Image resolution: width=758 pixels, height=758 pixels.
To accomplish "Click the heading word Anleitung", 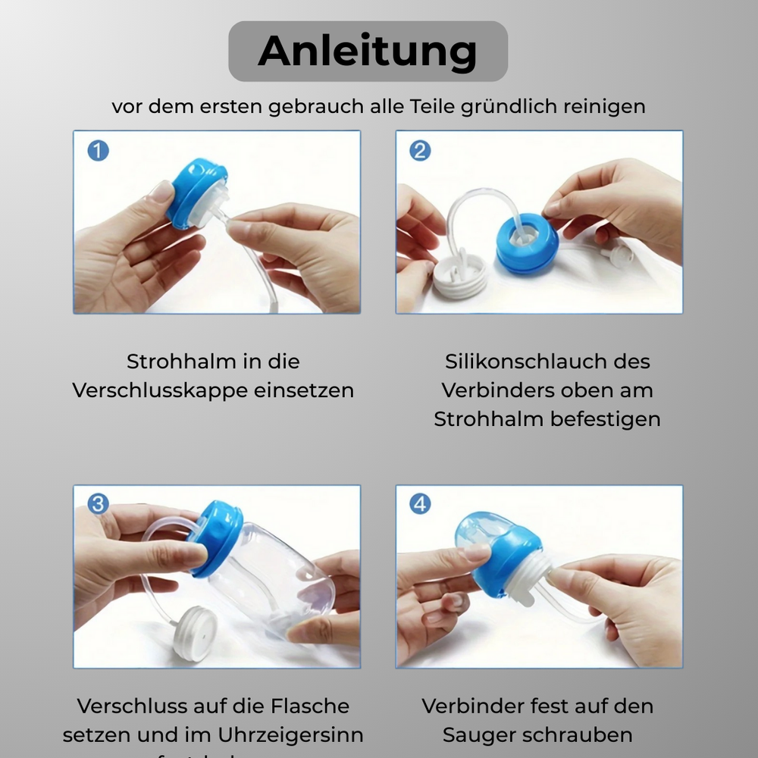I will click(368, 51).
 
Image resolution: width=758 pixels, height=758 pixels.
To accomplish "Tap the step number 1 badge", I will click(98, 150).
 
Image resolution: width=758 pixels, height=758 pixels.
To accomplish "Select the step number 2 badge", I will click(420, 150).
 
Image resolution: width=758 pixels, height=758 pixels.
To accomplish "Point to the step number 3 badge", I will click(98, 504).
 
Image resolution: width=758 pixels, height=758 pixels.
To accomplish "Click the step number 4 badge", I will click(420, 504).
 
